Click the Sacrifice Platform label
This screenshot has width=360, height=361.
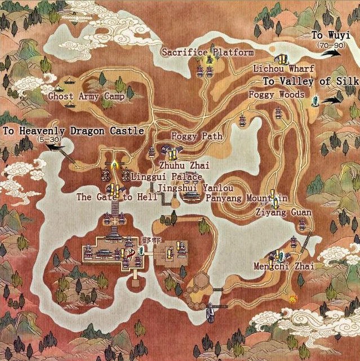(207, 52)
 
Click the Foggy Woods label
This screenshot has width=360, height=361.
(277, 95)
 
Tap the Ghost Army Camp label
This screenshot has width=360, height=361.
(86, 96)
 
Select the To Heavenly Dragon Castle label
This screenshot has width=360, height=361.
(73, 131)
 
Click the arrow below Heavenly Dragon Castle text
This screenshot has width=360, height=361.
(55, 148)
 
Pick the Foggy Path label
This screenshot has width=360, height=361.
(197, 136)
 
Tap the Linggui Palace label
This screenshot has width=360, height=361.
(166, 177)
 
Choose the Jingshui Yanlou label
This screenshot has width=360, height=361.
(195, 188)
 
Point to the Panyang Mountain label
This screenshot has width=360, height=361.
(247, 198)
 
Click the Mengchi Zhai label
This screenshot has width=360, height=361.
(284, 266)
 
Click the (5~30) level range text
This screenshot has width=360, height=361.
(49, 139)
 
